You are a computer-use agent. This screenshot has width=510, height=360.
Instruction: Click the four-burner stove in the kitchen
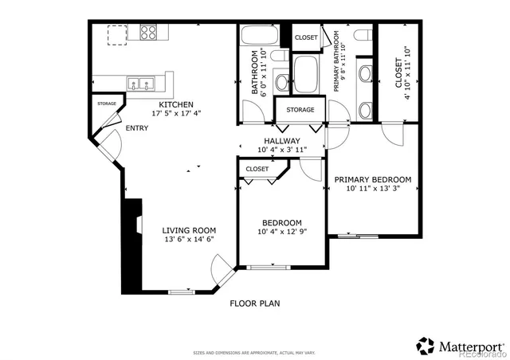click(149, 32)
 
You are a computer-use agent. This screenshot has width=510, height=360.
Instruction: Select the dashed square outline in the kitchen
click(118, 35)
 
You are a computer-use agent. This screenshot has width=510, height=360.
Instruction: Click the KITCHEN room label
click(175, 104)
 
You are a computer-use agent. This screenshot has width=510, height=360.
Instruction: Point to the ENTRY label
click(136, 127)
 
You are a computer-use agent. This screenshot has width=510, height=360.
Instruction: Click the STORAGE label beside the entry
click(107, 104)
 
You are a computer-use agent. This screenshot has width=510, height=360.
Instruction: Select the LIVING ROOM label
click(189, 229)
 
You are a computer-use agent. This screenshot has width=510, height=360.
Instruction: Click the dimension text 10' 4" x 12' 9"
click(281, 232)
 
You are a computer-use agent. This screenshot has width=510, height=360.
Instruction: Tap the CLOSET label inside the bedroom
click(257, 169)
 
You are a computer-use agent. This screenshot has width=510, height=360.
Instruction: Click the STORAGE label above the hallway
click(300, 110)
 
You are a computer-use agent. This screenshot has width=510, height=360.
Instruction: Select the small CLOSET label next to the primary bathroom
click(306, 37)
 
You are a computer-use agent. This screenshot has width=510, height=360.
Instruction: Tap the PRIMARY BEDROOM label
click(372, 179)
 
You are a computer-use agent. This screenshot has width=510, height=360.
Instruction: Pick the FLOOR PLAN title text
click(254, 303)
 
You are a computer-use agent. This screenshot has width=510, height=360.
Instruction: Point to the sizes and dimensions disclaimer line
click(254, 352)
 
